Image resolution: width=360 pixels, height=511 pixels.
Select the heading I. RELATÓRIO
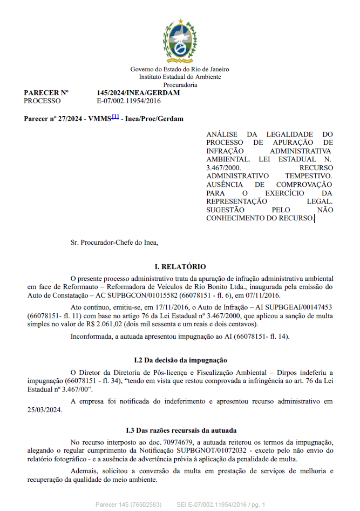[x=180, y=267]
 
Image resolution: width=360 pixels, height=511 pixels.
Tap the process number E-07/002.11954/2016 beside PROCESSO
[x=128, y=101]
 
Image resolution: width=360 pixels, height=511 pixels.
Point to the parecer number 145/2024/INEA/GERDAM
[x=138, y=93]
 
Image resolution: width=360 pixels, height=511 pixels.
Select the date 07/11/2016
[x=262, y=295]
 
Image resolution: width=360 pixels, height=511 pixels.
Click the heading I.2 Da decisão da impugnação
[x=180, y=360]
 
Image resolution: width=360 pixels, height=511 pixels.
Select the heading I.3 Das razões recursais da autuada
[x=180, y=431]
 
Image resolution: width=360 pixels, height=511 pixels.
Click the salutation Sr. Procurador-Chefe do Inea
[x=114, y=242]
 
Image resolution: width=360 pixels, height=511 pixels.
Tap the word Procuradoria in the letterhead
[x=180, y=85]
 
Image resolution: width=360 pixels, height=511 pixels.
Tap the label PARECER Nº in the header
[x=46, y=93]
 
